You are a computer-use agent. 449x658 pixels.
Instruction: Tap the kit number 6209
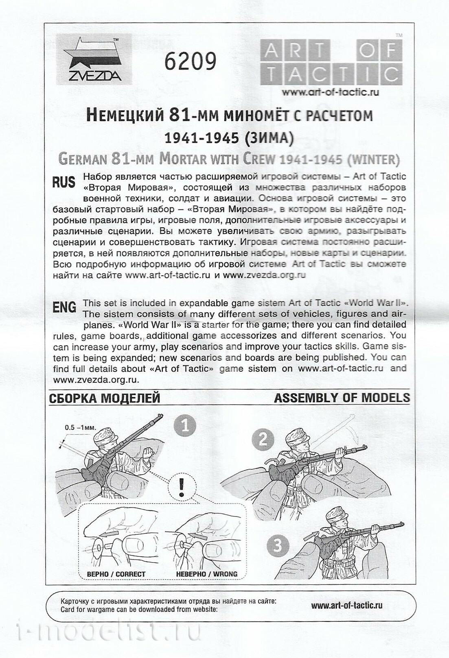click(x=190, y=62)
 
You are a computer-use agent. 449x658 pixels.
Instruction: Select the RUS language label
click(x=64, y=182)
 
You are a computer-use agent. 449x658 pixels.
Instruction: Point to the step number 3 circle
click(x=279, y=545)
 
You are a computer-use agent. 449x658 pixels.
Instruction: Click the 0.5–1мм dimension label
click(x=80, y=427)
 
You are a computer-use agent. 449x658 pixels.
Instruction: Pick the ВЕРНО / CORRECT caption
click(x=116, y=574)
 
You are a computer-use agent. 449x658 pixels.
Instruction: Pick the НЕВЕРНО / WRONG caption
click(x=206, y=574)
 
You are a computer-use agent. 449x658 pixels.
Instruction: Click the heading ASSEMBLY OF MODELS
click(x=342, y=397)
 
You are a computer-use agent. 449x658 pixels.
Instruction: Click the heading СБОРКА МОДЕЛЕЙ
click(x=105, y=398)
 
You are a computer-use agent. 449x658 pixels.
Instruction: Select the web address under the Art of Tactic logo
click(x=330, y=92)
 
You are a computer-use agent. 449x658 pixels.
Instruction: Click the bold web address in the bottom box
click(x=347, y=606)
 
